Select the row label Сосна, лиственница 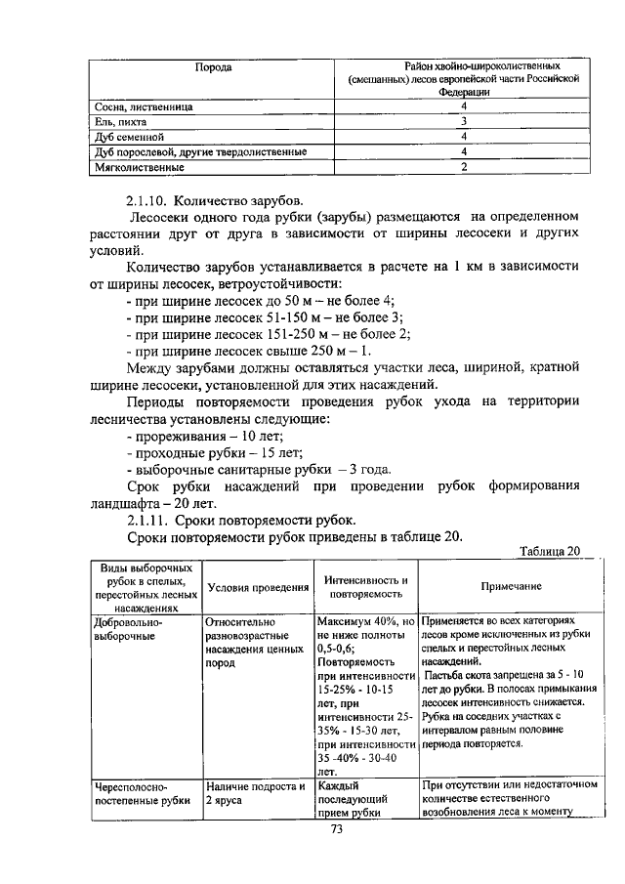[x=143, y=105]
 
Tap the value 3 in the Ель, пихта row [x=464, y=121]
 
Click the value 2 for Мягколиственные [x=464, y=167]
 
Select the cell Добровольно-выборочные [x=129, y=628]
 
